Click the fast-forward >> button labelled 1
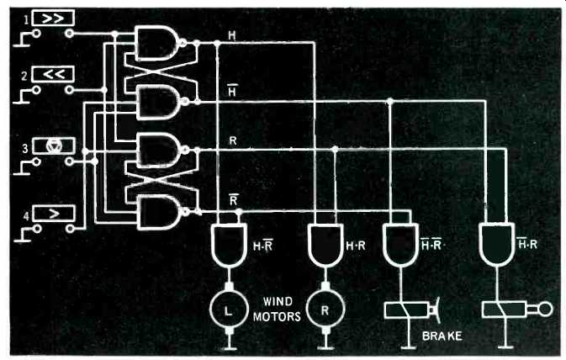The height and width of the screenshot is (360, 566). point(54,18)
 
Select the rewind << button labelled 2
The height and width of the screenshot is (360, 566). point(54,74)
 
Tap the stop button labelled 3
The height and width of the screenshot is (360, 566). point(54,146)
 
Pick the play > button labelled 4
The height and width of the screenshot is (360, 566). point(54,214)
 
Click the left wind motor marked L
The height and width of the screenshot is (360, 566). point(229,310)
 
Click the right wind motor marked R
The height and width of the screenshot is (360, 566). point(325,309)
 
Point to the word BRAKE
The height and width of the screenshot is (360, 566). point(442,336)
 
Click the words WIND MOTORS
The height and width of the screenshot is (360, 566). point(277,309)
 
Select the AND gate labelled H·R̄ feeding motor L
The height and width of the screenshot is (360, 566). point(229,245)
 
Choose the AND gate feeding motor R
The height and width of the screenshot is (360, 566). point(325,245)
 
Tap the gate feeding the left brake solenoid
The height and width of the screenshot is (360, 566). point(400,245)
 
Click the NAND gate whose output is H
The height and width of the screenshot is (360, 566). point(157,43)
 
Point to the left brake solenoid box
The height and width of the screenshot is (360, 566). point(407,310)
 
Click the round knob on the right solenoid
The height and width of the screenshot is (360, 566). point(546,309)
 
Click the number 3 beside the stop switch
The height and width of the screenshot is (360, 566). point(24,148)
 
